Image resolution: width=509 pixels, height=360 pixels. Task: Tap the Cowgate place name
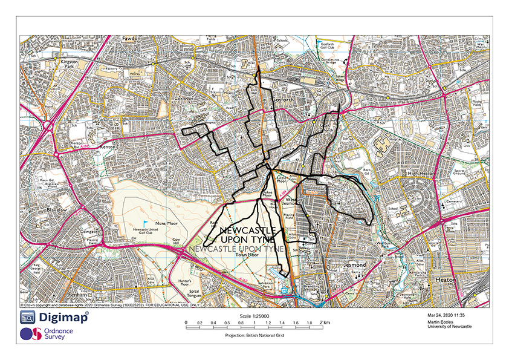point(89,231)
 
